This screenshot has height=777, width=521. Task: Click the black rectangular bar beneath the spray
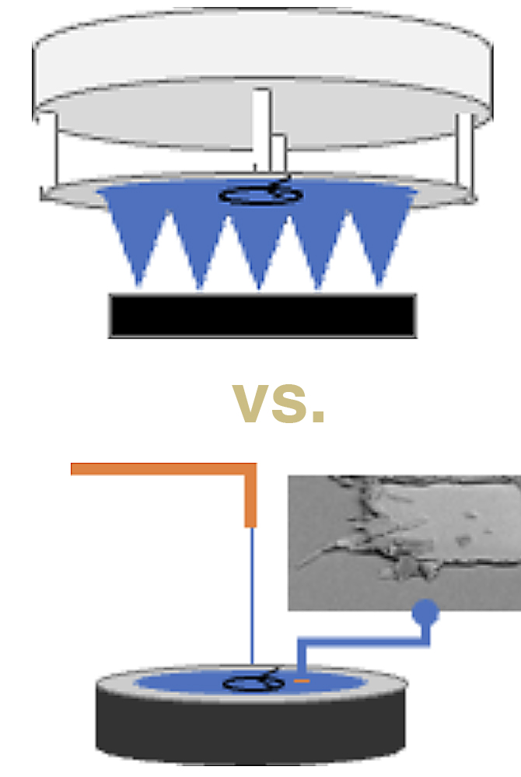(263, 316)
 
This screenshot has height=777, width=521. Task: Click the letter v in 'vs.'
(250, 404)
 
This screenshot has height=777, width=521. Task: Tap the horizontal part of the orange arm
(163, 469)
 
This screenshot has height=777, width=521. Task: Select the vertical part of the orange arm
(250, 495)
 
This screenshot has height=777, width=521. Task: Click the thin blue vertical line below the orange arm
(252, 596)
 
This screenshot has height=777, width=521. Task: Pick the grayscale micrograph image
(404, 543)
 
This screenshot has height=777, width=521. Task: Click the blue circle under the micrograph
(425, 612)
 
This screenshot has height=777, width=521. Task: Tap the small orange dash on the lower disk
(302, 681)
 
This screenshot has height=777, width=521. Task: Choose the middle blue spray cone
(258, 248)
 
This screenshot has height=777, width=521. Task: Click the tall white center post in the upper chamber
(261, 130)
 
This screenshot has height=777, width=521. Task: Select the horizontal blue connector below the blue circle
(363, 642)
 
